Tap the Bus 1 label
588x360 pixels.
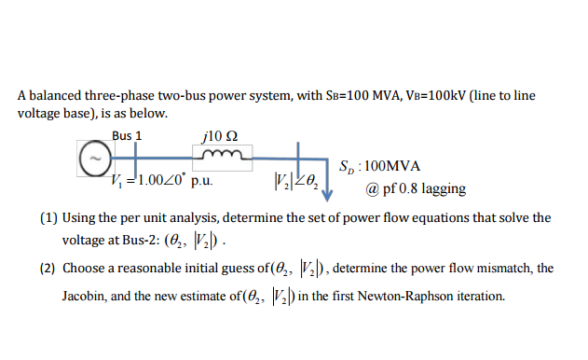[127, 135]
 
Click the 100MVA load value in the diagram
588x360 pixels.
[392, 166]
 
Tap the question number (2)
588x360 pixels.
[49, 269]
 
